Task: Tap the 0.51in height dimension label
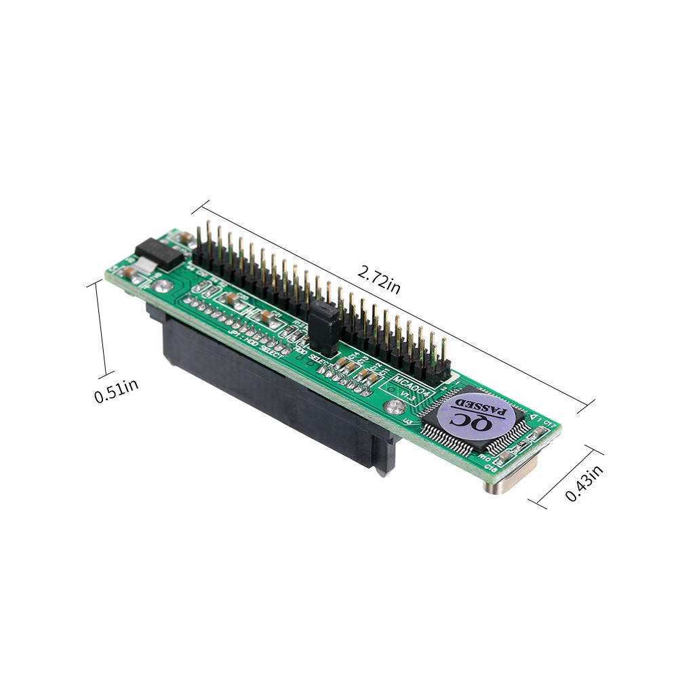117,391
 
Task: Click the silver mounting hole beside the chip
391,408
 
